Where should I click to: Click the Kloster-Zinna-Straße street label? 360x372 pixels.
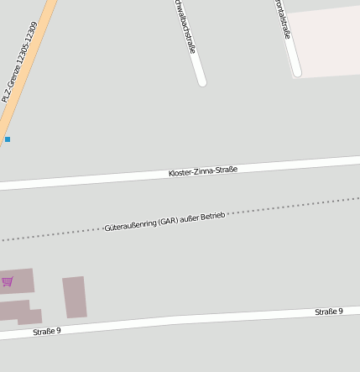(x=203, y=171)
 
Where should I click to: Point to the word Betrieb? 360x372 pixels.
(x=211, y=216)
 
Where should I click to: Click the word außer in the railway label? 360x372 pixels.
(x=190, y=218)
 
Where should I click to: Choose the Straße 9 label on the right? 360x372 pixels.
(x=329, y=312)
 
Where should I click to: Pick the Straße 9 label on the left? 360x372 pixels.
(x=47, y=331)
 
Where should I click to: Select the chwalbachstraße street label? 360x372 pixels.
(x=185, y=27)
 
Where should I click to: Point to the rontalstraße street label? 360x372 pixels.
(x=283, y=18)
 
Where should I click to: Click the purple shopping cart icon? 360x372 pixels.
(x=8, y=281)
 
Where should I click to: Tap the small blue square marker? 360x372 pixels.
(x=8, y=139)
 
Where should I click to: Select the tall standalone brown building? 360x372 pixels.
(x=75, y=297)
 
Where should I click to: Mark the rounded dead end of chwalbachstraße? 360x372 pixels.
(x=201, y=81)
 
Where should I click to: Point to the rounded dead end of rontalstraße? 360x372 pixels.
(x=296, y=72)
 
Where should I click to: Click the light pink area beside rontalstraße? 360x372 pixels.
(x=327, y=42)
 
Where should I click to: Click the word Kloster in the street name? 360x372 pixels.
(x=182, y=173)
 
